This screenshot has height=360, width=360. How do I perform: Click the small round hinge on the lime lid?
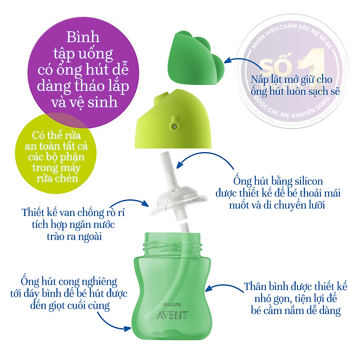coord(174,126)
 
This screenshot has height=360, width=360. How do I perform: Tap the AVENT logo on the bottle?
coord(171,315)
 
